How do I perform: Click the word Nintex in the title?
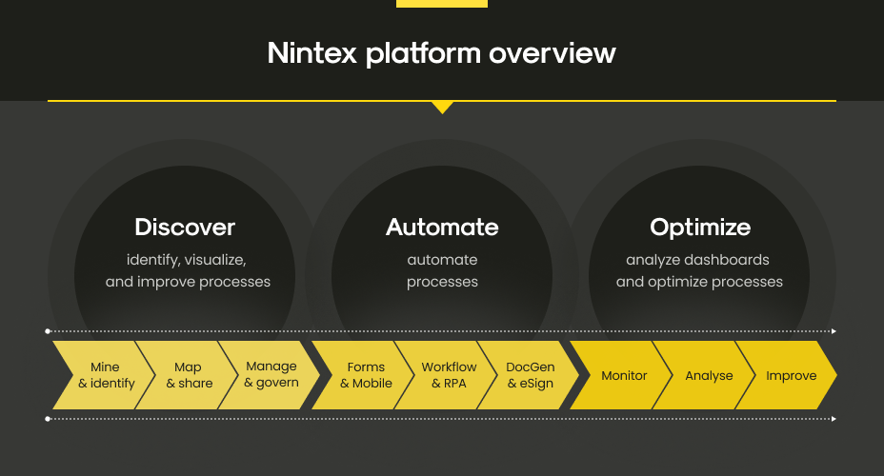click(x=312, y=53)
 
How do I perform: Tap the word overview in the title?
click(x=552, y=53)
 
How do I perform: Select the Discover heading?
click(x=185, y=227)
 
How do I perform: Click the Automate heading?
click(x=442, y=227)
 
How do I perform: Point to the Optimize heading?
click(x=700, y=228)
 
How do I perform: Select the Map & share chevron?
click(x=187, y=375)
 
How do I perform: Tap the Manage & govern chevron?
click(x=270, y=375)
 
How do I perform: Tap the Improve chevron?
click(x=787, y=375)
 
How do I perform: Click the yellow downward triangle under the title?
click(x=443, y=107)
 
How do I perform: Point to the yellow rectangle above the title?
click(x=442, y=4)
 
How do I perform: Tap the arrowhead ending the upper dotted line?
click(x=834, y=331)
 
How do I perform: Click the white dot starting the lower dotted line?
click(x=48, y=419)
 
